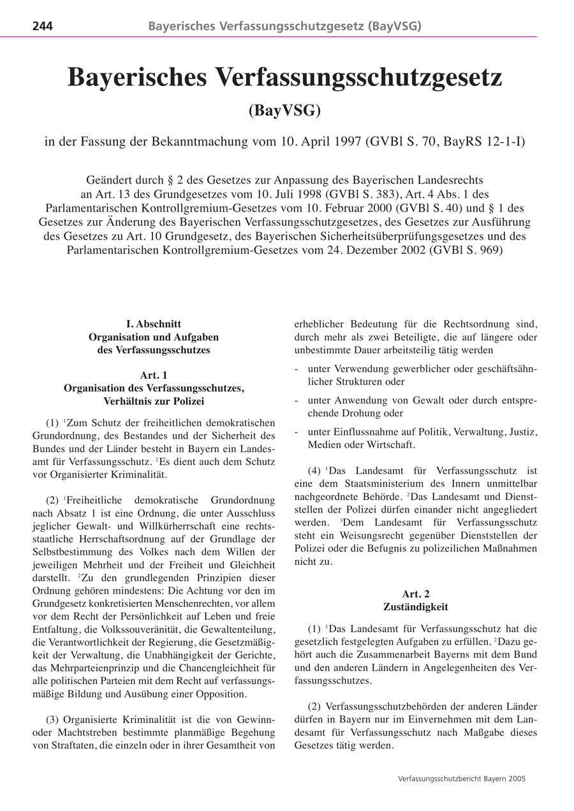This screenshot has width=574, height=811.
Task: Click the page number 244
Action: pos(42,26)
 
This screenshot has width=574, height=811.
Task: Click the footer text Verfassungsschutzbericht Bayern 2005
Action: pos(461,778)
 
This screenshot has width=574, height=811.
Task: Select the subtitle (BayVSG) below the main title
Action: pos(284,110)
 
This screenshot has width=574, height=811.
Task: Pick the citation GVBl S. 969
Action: pos(466,250)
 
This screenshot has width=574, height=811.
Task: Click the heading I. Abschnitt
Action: pos(153,324)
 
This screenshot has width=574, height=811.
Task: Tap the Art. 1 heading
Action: pos(153,375)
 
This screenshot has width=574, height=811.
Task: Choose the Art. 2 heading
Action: pos(415,594)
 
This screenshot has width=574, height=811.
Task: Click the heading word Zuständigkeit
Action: pos(415,606)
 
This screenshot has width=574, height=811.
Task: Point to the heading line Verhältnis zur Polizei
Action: pos(153,401)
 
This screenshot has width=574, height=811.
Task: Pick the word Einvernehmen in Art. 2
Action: pos(424,720)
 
